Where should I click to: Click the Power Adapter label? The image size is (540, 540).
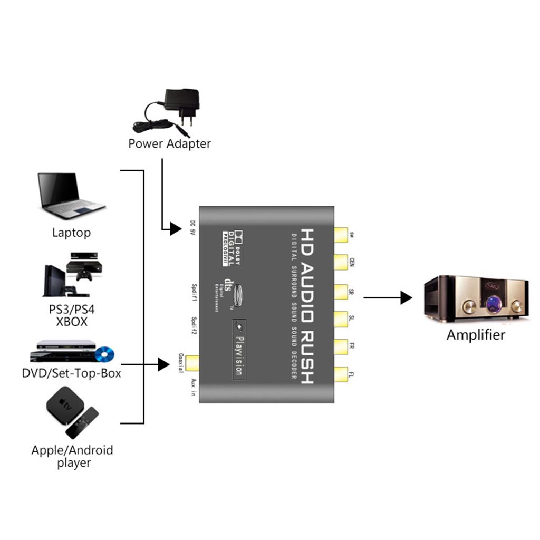coord(169,143)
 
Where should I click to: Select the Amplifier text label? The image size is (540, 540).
coord(476,334)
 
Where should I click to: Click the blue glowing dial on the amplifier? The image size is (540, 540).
coord(495,304)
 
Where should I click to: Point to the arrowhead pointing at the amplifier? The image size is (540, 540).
coord(406,297)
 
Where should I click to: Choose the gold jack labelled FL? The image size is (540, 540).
coord(341,375)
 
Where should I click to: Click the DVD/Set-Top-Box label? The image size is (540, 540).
coord(72,373)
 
